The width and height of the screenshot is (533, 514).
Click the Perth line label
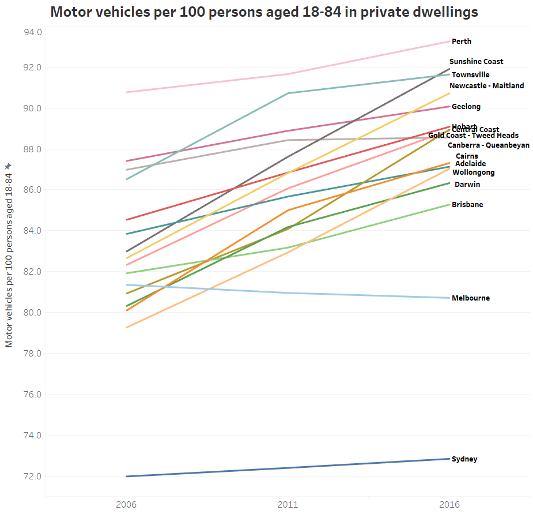point(461,42)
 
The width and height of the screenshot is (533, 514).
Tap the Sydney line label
point(464,459)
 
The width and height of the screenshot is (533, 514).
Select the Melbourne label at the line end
point(470,298)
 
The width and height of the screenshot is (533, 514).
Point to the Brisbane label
point(467,205)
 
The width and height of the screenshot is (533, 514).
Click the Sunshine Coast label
point(476,62)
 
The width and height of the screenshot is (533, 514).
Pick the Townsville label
point(470,75)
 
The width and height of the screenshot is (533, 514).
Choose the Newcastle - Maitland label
point(486,86)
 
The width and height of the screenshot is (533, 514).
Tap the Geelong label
point(466,107)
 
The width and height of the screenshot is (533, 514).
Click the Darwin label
point(467,185)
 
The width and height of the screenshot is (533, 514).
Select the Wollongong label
point(473,172)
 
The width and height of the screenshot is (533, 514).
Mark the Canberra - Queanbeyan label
point(488,145)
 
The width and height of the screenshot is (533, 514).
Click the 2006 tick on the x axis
point(126,504)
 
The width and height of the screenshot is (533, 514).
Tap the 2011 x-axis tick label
point(288,504)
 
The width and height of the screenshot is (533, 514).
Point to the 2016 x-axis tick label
point(449,504)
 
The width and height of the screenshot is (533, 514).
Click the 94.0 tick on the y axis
point(32,32)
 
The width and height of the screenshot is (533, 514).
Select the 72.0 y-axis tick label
point(32,477)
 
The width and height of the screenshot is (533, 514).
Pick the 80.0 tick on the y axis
point(32,313)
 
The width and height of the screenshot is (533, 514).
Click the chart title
point(264,12)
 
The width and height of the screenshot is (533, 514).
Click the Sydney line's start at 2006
point(126,477)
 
